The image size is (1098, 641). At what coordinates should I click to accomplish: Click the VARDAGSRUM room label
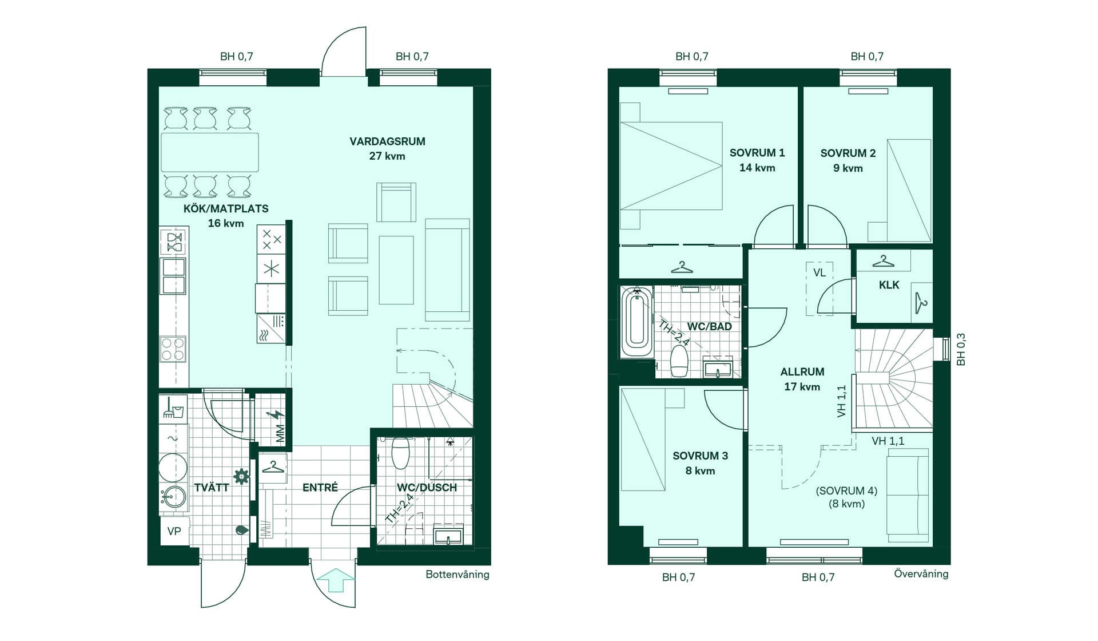(387, 141)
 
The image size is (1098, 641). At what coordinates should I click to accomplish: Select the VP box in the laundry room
(174, 531)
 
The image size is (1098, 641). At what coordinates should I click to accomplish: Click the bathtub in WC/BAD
(637, 322)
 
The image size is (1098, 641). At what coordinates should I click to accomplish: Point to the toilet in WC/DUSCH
(401, 452)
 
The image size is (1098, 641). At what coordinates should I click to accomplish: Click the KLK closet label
(889, 285)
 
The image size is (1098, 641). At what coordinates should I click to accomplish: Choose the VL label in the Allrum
(819, 273)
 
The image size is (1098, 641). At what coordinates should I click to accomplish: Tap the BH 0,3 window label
(961, 349)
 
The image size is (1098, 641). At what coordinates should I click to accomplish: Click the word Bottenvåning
(457, 575)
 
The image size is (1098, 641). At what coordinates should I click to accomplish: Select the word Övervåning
(921, 573)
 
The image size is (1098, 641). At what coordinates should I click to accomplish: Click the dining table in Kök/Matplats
(210, 152)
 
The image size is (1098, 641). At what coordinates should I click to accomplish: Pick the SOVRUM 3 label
(700, 456)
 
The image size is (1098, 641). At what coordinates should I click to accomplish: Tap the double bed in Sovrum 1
(671, 166)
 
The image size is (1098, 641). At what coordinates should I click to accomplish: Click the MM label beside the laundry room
(280, 433)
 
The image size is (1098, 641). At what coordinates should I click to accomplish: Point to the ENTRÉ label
(320, 487)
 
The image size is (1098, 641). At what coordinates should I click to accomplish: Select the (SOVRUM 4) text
(846, 491)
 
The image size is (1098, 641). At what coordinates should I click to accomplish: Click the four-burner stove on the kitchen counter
(173, 349)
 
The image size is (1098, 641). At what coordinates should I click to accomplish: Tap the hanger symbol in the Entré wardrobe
(273, 468)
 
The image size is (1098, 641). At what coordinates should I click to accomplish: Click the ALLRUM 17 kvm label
(802, 379)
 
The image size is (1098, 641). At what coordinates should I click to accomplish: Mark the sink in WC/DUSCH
(448, 536)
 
